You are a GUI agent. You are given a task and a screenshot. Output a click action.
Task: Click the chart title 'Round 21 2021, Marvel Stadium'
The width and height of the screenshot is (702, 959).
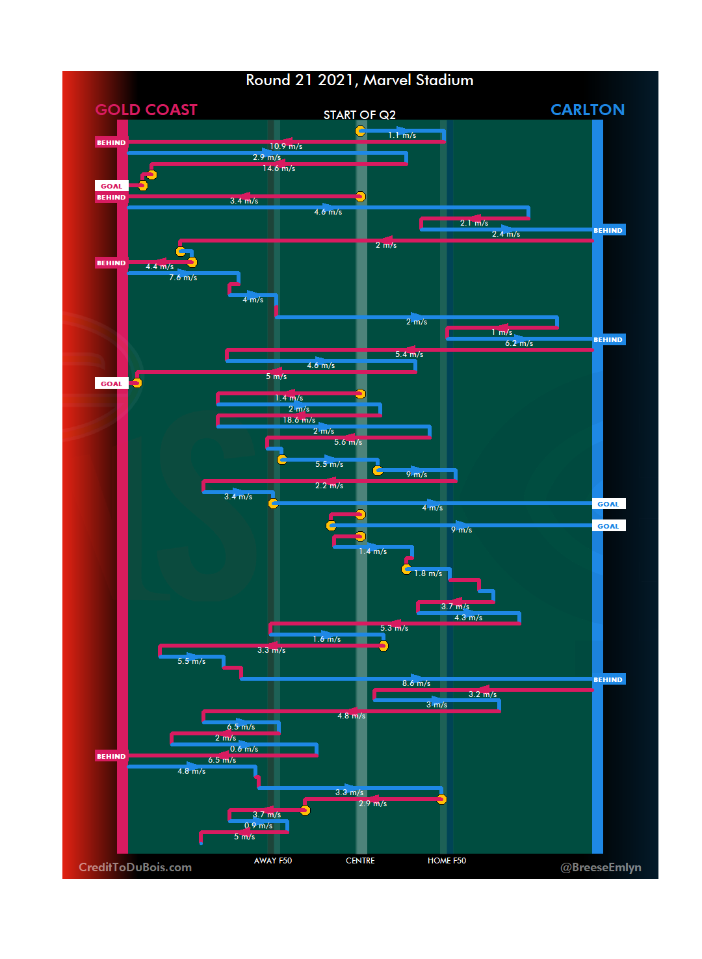click(x=359, y=81)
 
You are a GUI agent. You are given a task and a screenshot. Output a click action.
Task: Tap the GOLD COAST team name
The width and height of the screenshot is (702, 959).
click(x=146, y=110)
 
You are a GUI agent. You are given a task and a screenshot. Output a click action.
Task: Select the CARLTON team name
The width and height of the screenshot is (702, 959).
click(x=587, y=110)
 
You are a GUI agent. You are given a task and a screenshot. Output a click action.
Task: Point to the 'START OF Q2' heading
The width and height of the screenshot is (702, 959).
click(x=359, y=115)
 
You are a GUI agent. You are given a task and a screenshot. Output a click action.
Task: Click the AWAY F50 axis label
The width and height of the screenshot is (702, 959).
click(x=273, y=861)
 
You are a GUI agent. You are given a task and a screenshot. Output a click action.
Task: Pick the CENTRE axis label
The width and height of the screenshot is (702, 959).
click(x=360, y=861)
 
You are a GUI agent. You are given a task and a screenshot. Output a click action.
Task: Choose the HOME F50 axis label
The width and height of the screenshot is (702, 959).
click(x=447, y=861)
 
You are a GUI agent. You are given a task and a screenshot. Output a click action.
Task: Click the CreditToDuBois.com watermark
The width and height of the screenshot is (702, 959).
click(x=135, y=867)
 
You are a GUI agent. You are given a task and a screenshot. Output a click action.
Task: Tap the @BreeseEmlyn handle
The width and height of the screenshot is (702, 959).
click(x=601, y=867)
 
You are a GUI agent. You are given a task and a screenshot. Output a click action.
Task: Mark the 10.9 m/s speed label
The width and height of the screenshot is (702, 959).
click(x=286, y=147)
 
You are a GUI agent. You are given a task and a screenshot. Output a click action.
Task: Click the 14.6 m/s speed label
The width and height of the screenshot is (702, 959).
click(x=279, y=169)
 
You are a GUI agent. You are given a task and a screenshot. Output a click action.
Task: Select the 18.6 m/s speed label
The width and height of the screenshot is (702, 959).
click(x=299, y=421)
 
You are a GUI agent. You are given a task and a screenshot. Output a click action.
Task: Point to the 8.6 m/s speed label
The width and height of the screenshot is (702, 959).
click(x=416, y=684)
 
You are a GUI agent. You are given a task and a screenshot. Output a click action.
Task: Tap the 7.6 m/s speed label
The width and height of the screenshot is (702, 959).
click(x=183, y=278)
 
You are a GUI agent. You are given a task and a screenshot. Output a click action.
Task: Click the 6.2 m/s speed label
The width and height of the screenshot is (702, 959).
click(x=519, y=344)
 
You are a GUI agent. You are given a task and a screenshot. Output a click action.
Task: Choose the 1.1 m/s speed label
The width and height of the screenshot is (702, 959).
click(x=402, y=136)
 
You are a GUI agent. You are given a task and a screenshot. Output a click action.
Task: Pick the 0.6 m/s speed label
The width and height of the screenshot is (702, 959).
click(x=244, y=750)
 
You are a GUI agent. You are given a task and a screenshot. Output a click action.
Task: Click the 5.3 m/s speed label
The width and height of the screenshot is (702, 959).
click(x=394, y=629)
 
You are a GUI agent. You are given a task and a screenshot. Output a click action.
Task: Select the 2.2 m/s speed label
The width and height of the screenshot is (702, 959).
click(x=329, y=486)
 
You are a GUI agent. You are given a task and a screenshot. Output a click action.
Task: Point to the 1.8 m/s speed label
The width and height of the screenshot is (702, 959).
click(x=428, y=574)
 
